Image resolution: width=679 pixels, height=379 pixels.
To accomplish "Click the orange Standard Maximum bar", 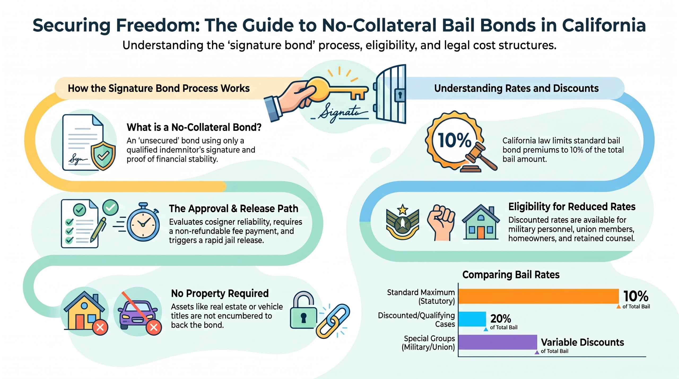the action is pyautogui.click(x=538, y=296).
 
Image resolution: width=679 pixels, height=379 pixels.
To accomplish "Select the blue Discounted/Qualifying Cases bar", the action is pyautogui.click(x=472, y=319).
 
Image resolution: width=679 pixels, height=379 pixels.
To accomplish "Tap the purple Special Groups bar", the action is pyautogui.click(x=498, y=342).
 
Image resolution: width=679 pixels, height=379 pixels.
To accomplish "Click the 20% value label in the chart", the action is pyautogui.click(x=500, y=318).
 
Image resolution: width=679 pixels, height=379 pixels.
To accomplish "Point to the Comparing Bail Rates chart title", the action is pyautogui.click(x=511, y=275).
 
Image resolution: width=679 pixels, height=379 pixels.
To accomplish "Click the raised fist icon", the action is pyautogui.click(x=441, y=222).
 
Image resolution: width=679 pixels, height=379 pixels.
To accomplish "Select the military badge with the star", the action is pyautogui.click(x=403, y=222).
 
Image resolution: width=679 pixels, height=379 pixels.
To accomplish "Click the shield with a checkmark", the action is pyautogui.click(x=103, y=155).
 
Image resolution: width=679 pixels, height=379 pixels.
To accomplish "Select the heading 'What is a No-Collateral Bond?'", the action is pyautogui.click(x=194, y=127).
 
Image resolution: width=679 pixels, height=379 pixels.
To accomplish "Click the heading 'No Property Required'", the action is pyautogui.click(x=220, y=293).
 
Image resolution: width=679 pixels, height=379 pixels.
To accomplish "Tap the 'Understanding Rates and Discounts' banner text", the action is pyautogui.click(x=516, y=88).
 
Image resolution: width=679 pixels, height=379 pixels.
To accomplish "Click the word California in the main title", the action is pyautogui.click(x=604, y=25).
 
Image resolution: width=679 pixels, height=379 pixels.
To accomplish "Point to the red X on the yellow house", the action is pyautogui.click(x=100, y=327).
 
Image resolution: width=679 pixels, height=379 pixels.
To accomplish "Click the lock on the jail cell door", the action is pyautogui.click(x=400, y=94).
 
